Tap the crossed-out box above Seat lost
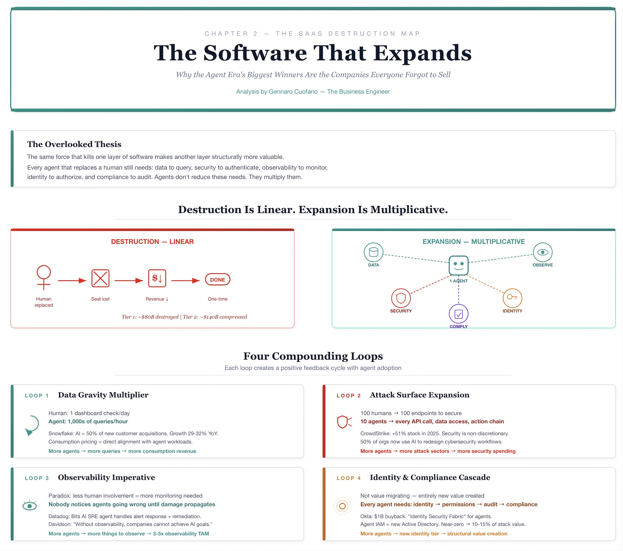[x=100, y=278]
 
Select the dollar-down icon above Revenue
[x=157, y=278]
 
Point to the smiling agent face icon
[x=458, y=265]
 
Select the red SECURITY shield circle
[x=401, y=298]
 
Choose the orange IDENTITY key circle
[x=512, y=298]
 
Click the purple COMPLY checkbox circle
[x=458, y=314]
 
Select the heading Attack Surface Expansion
[x=419, y=395]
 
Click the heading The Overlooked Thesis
[x=74, y=144]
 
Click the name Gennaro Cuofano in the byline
[x=293, y=91]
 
